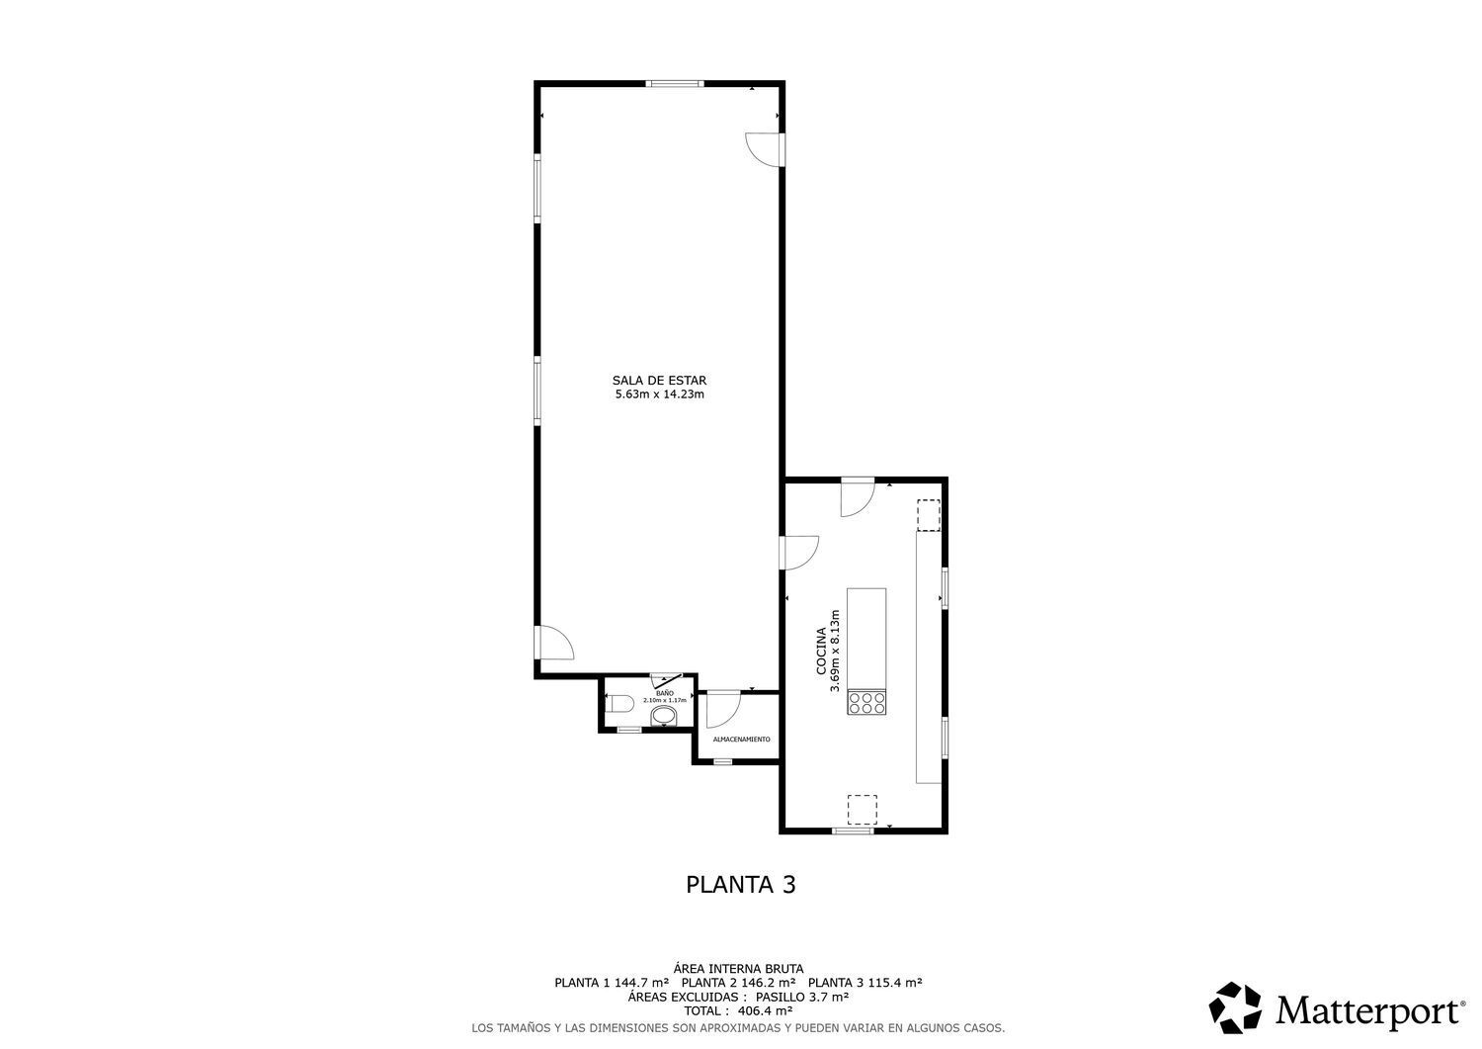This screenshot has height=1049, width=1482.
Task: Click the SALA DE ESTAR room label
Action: point(659,380)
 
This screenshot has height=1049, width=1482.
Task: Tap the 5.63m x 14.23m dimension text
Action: point(659,394)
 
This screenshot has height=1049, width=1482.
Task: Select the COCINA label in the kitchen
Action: point(821,652)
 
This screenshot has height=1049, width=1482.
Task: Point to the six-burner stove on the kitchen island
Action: point(866,702)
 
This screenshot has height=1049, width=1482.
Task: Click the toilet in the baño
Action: point(618,704)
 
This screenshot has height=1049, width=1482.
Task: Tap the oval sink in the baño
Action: point(666,714)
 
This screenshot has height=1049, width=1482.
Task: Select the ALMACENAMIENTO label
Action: point(741,740)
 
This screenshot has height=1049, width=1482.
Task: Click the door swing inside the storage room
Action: point(722,709)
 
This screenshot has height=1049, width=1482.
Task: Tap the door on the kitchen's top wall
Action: point(857,497)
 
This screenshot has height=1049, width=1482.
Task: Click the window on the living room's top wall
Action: point(676,84)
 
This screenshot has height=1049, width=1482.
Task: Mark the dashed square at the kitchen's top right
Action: point(928,515)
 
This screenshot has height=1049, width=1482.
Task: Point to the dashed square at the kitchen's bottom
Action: point(862,809)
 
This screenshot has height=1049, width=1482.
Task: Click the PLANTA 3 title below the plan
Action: point(740,885)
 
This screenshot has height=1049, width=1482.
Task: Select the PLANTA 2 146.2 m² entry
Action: point(738,983)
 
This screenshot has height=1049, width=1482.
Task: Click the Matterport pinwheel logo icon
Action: point(1236,1008)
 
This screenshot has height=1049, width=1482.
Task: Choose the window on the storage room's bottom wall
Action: point(723,761)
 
